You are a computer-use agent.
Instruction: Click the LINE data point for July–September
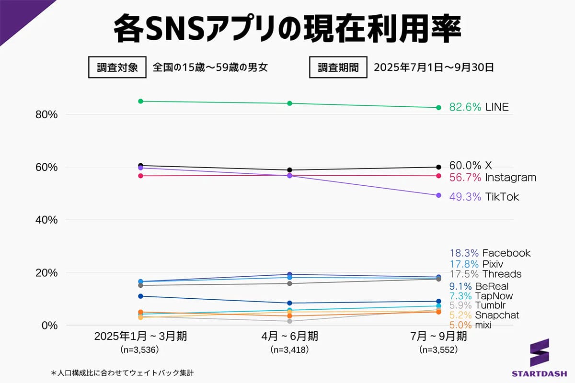click(x=438, y=108)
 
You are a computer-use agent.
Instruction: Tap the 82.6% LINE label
click(x=479, y=107)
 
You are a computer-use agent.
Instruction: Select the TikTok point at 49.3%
click(x=438, y=195)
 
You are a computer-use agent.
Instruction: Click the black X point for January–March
click(x=140, y=165)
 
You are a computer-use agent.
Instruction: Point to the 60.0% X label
click(x=470, y=166)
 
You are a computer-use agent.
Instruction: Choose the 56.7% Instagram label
click(x=492, y=178)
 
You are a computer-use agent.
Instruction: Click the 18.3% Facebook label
click(x=490, y=253)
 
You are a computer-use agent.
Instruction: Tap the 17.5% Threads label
click(x=485, y=274)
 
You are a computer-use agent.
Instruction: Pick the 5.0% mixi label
click(x=470, y=326)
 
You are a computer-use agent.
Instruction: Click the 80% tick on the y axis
click(x=46, y=115)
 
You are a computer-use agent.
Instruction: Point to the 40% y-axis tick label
click(x=46, y=220)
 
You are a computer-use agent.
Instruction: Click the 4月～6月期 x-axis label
click(x=289, y=337)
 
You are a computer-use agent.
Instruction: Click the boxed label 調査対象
click(x=117, y=68)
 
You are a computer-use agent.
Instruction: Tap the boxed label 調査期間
click(x=338, y=68)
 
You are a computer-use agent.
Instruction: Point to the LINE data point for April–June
click(x=289, y=103)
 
